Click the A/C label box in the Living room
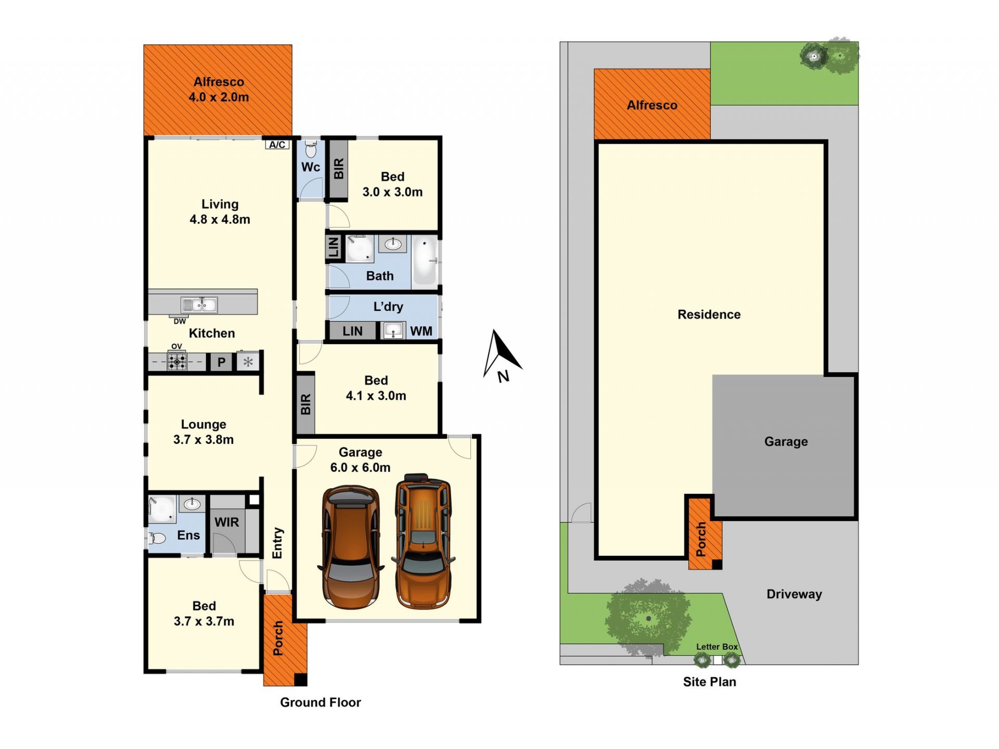[277, 145]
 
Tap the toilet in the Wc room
[311, 149]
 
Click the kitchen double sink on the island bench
[199, 304]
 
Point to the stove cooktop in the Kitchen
[177, 361]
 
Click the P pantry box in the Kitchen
[221, 362]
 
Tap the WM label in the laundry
[421, 331]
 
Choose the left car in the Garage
[350, 547]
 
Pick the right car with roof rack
[423, 541]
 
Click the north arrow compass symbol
[501, 357]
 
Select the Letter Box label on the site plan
[717, 646]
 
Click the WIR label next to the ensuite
[226, 522]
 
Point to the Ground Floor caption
[321, 702]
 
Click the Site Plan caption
[710, 682]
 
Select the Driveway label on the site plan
[794, 594]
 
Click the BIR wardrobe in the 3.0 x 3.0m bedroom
[338, 169]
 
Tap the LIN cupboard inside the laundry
[352, 331]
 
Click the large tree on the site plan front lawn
[648, 618]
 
